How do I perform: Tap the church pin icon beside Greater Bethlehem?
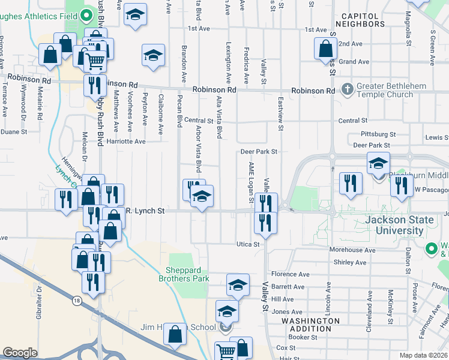347,90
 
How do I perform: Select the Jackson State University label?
399,225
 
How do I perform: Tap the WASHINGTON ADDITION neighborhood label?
310,325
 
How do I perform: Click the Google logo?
20,352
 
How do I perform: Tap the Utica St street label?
247,244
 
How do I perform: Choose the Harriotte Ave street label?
126,142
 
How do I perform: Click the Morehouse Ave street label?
352,250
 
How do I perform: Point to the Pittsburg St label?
379,134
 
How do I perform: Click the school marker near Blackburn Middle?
378,163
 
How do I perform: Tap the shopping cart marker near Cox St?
225,352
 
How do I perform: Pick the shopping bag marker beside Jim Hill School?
175,335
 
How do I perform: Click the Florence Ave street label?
290,274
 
